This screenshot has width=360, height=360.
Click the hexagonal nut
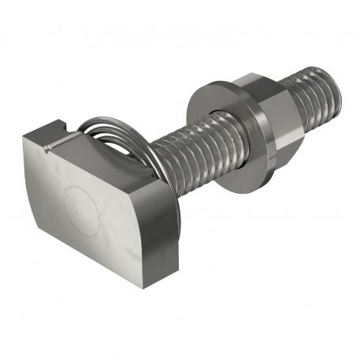pyautogui.click(x=272, y=111)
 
